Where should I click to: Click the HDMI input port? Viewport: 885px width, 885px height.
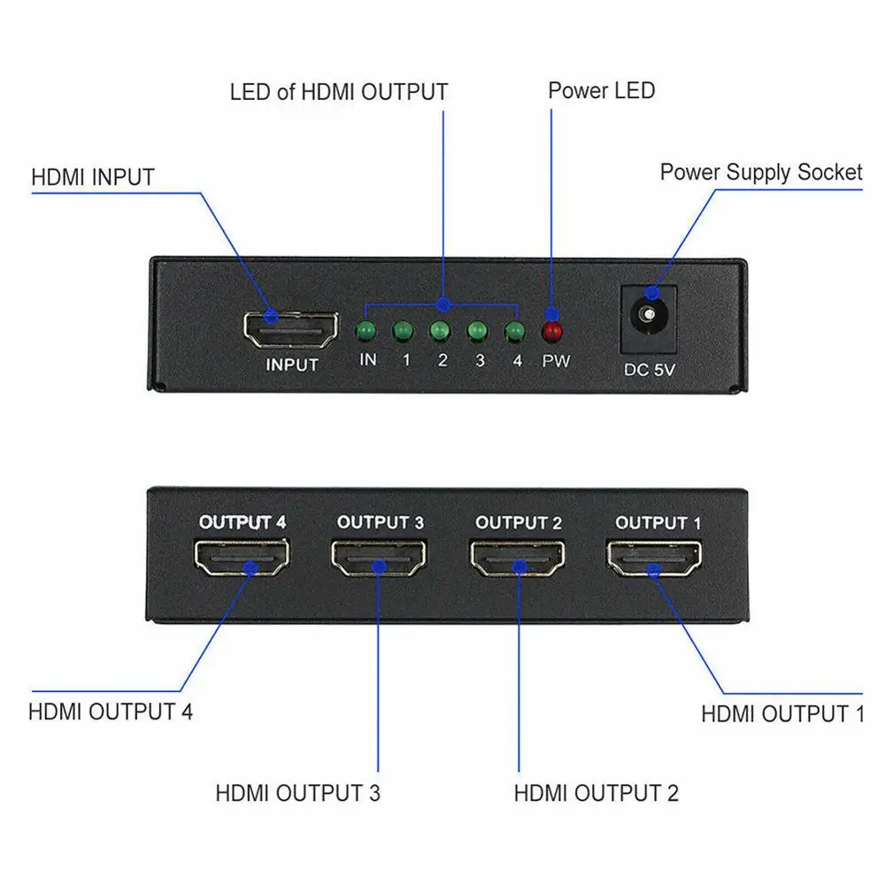[291, 328]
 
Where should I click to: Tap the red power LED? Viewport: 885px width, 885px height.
[553, 332]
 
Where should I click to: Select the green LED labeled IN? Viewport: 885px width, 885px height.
[366, 332]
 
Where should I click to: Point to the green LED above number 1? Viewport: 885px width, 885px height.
[404, 332]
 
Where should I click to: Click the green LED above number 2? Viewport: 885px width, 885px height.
[441, 332]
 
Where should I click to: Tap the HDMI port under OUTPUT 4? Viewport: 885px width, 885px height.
[242, 558]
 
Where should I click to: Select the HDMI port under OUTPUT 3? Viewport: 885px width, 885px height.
[379, 558]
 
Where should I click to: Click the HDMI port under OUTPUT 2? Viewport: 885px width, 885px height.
[518, 558]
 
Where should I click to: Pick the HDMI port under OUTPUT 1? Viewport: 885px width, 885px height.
[656, 558]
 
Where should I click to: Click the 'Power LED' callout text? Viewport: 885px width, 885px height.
[602, 90]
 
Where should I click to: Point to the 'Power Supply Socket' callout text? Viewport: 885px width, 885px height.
[760, 172]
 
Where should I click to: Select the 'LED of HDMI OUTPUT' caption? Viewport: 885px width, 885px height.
[339, 91]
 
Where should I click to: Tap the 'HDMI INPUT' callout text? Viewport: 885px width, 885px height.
[93, 177]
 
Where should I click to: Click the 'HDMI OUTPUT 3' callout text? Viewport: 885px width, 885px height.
[298, 793]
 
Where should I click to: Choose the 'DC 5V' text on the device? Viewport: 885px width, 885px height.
[650, 370]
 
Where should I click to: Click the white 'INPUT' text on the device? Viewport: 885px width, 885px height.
[292, 364]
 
